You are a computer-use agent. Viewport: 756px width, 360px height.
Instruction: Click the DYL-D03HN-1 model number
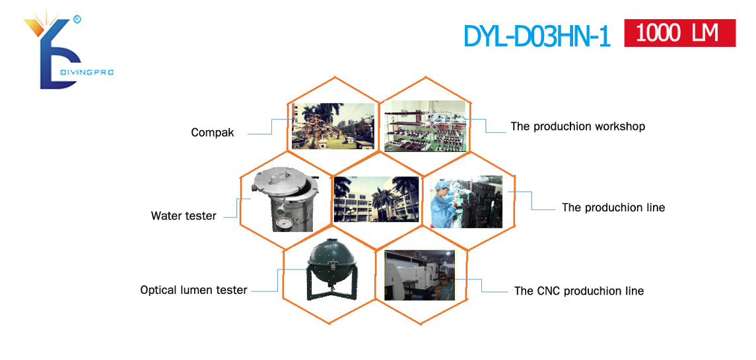coord(537,36)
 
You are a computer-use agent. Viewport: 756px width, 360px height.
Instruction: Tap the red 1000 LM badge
coord(680,33)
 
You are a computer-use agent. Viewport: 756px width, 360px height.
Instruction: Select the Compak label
coord(213,133)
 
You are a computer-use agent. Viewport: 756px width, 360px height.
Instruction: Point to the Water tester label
coord(184,216)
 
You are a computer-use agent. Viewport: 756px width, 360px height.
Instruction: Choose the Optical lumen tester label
coord(194,290)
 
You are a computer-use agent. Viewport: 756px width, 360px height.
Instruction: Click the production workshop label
coord(578,126)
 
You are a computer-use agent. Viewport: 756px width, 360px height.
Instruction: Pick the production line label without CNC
coord(613,207)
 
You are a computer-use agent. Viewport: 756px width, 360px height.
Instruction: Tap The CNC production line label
coord(579,291)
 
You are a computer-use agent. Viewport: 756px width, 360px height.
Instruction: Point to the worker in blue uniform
coord(441,203)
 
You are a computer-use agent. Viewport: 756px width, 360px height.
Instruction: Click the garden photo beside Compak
coord(333,126)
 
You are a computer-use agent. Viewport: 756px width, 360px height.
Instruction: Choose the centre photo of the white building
coord(376,199)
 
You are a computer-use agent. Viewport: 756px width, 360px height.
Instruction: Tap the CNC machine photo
coord(419,275)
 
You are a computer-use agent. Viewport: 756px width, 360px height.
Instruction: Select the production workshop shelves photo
coord(426,126)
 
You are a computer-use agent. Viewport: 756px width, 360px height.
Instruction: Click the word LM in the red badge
coord(703,33)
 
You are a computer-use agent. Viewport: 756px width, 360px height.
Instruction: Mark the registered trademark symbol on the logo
coord(76,18)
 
